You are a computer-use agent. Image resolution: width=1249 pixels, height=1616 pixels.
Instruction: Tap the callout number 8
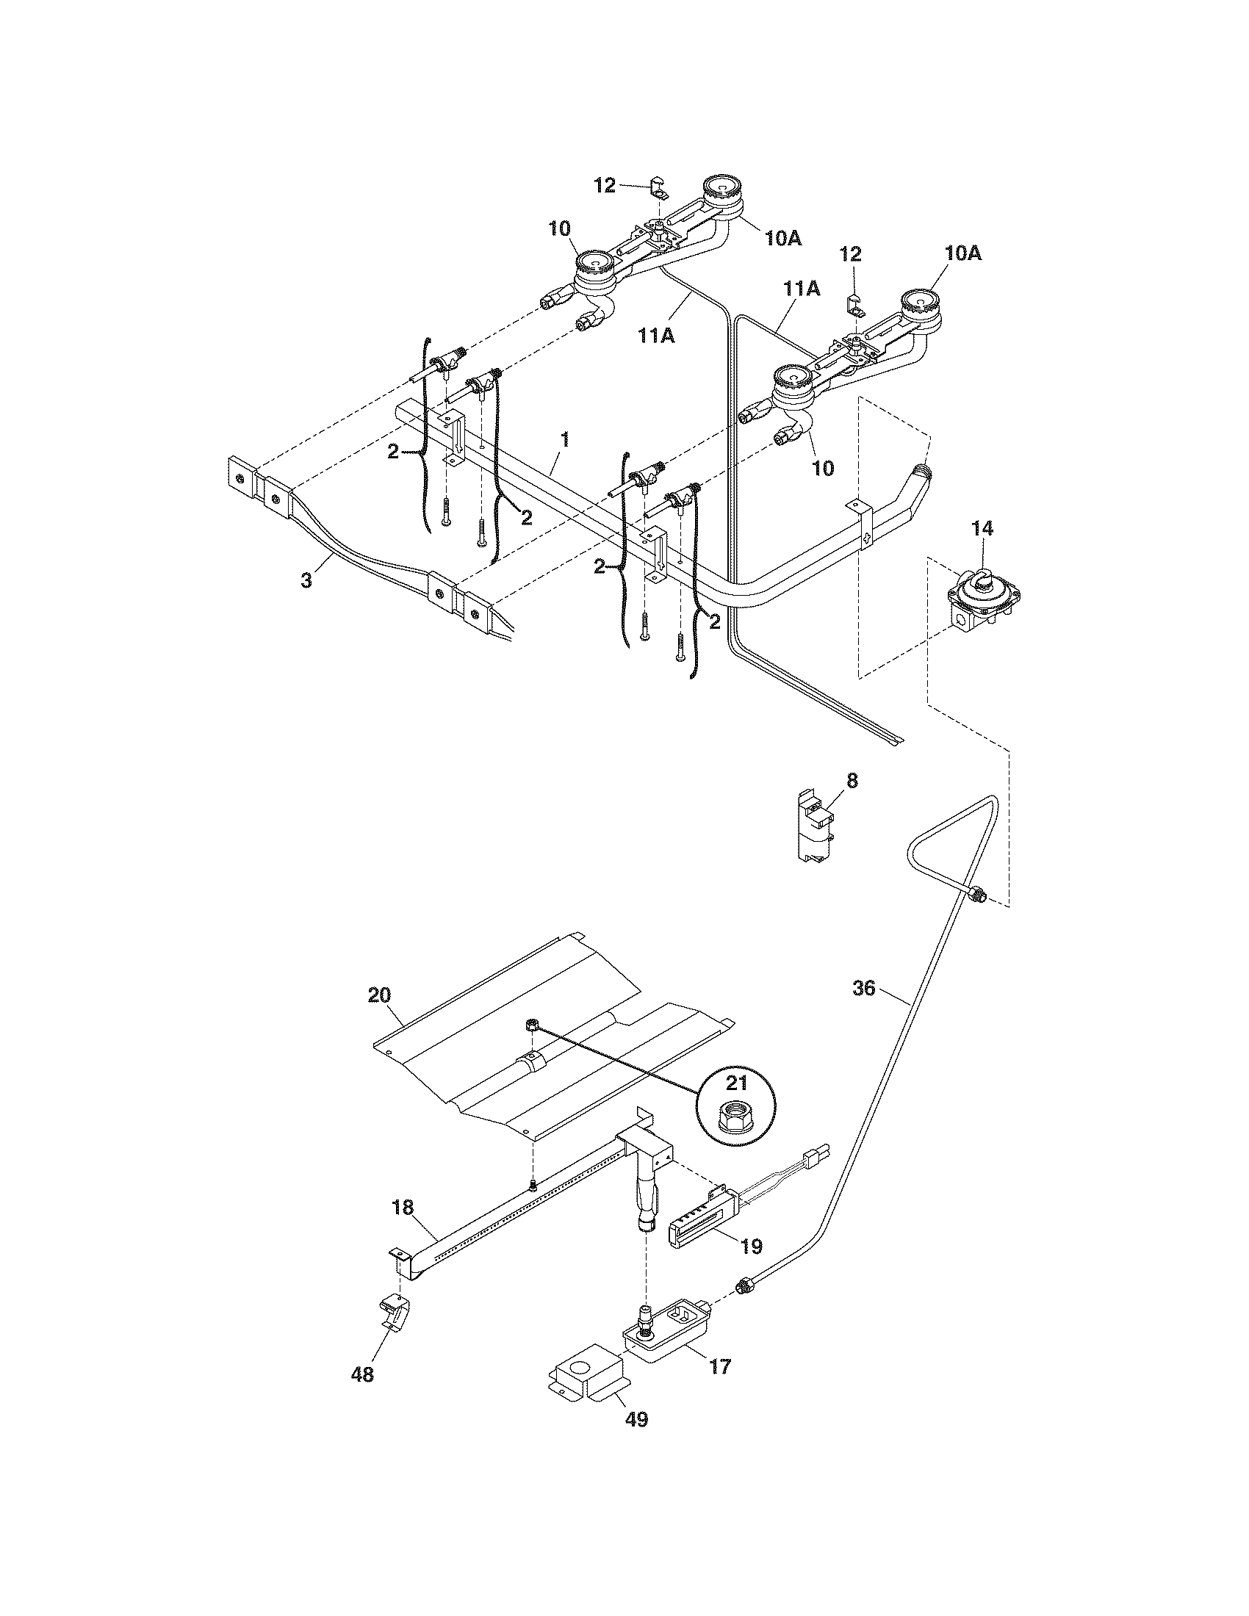tap(852, 781)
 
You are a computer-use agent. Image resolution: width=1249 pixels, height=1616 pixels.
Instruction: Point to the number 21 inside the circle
tap(737, 1084)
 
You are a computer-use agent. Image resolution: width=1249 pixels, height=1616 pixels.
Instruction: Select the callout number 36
tap(863, 987)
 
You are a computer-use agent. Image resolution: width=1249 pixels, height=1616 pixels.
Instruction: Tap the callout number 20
tap(379, 995)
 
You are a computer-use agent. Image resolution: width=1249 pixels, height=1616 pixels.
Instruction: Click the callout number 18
tap(403, 1207)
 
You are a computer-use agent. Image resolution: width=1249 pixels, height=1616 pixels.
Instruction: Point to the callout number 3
tap(306, 580)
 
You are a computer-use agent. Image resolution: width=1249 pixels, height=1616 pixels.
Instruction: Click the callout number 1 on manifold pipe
tap(564, 440)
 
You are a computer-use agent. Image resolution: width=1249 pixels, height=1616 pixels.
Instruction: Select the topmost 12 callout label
tap(605, 185)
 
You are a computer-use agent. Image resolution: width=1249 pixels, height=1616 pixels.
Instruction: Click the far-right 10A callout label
tap(962, 253)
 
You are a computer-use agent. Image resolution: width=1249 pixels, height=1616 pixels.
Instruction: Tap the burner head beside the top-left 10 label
tap(594, 266)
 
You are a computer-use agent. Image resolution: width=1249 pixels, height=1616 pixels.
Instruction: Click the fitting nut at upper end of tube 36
tap(977, 895)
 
